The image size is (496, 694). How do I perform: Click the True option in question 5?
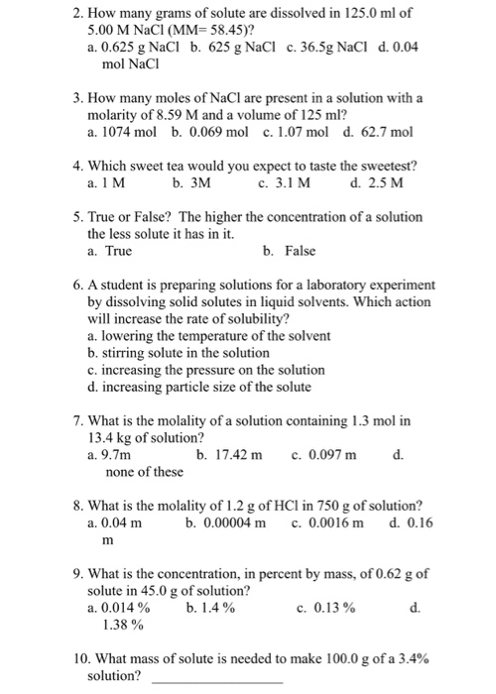point(110,252)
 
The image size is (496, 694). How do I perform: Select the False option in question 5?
point(293,252)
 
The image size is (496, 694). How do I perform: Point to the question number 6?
point(78,284)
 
